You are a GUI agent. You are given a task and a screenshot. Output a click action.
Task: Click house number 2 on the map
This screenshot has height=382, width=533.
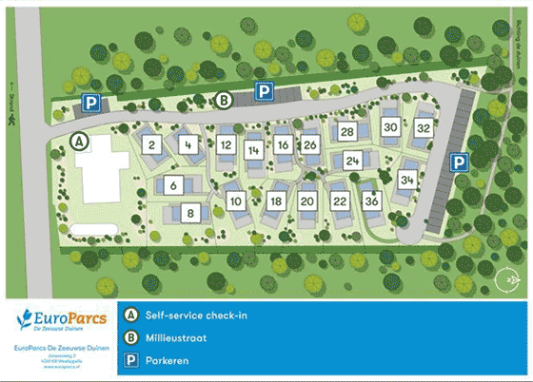[x=152, y=145]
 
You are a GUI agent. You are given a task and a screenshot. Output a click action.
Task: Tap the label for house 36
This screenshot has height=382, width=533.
[x=372, y=201]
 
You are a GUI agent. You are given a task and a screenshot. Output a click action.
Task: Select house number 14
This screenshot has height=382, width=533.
[x=253, y=150]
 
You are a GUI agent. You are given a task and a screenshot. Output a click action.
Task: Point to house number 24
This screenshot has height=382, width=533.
[x=353, y=161]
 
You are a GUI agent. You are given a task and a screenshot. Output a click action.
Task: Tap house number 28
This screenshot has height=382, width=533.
[x=347, y=131]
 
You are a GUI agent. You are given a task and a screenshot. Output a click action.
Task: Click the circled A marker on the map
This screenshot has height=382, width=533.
[x=81, y=142]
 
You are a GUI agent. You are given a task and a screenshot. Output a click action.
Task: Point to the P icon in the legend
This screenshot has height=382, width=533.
[x=132, y=359]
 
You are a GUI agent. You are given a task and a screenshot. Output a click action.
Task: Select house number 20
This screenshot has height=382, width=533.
[x=306, y=201]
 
